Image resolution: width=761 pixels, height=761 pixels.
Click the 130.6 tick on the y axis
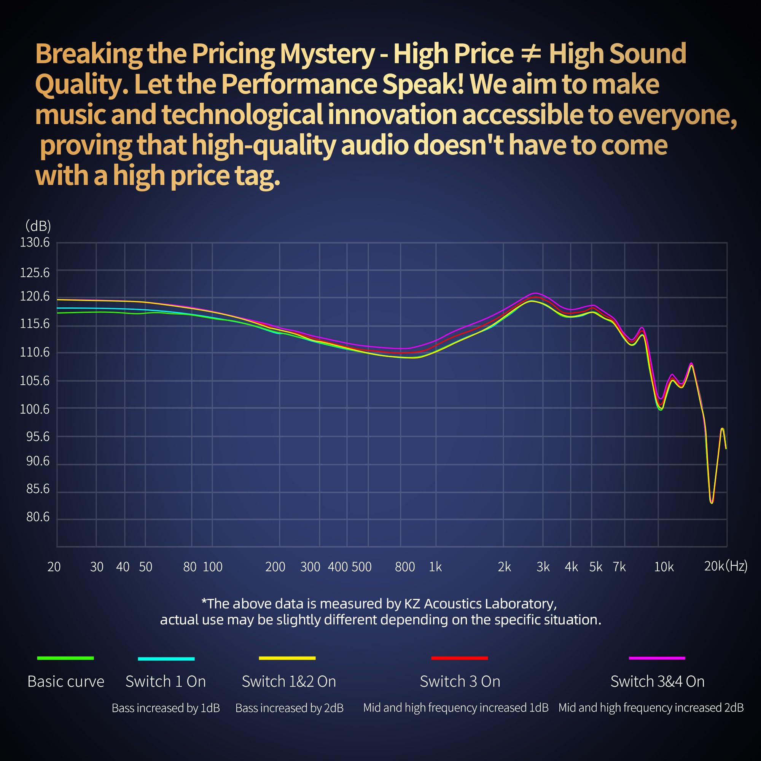pos(35,243)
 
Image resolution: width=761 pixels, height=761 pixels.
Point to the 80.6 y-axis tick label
pos(38,516)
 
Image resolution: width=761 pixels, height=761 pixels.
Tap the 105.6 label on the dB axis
pos(35,380)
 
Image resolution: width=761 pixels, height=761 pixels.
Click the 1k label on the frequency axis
pos(435,567)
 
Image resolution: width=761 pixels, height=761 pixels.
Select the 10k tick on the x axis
pos(664,567)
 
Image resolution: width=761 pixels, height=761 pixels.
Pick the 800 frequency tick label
pos(405,567)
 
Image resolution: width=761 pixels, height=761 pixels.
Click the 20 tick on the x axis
pos(54,567)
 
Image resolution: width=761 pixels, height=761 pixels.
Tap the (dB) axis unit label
pos(38,226)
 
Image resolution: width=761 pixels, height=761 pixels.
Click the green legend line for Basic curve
pos(65,658)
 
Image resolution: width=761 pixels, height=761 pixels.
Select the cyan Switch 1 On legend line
pos(166,659)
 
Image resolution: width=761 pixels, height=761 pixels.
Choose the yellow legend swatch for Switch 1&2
pos(287,658)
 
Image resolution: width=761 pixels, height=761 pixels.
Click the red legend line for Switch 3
pos(459,658)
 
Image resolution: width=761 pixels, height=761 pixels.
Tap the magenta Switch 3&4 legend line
pos(657,658)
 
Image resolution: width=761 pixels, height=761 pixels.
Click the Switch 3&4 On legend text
pos(657,681)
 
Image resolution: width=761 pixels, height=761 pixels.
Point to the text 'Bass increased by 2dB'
pos(289,708)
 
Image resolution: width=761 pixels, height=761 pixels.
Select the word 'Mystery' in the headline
pos(326,54)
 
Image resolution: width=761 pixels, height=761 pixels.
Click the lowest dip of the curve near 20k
pos(712,503)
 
